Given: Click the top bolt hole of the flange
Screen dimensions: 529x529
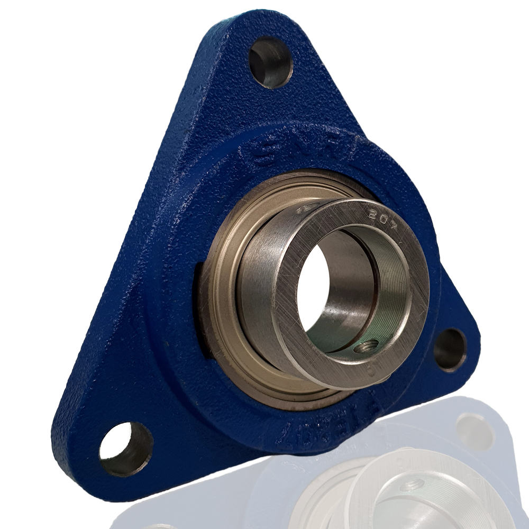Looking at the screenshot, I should coord(270,63).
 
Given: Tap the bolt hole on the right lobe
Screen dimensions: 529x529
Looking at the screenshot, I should coord(450,350).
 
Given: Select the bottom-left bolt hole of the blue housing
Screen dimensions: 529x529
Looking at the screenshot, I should coord(125,449).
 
